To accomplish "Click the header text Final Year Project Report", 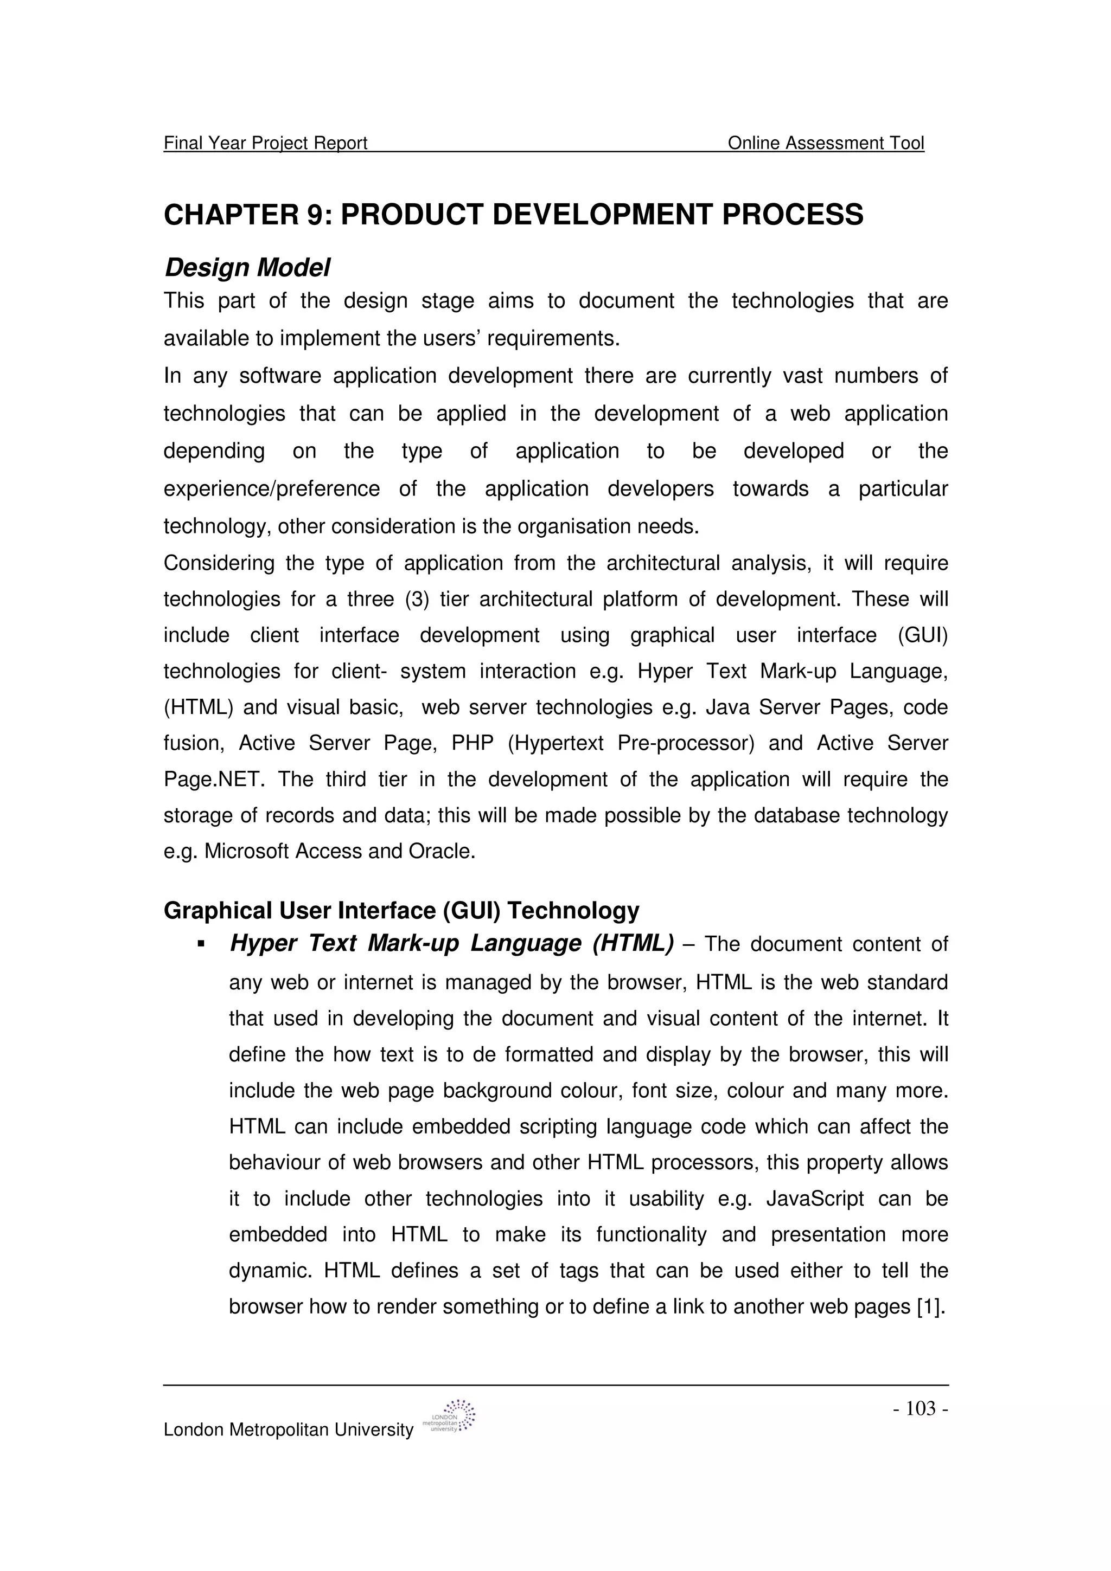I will (x=266, y=143).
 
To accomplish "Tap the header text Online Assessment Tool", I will (x=826, y=143).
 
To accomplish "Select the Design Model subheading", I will (x=247, y=268).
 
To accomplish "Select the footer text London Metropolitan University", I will (x=288, y=1430).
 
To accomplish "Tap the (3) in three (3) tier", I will (x=416, y=600).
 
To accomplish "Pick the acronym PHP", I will (x=473, y=744).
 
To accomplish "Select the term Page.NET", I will (x=213, y=780).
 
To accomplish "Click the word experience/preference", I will (x=271, y=489).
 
